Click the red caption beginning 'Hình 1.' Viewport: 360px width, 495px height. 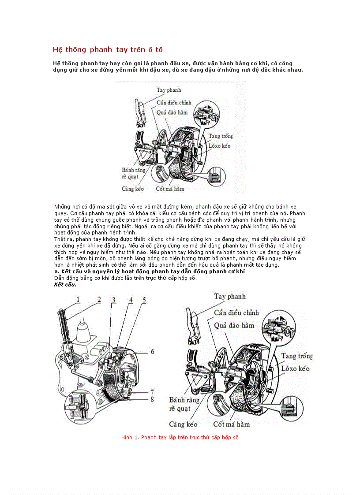tap(180, 437)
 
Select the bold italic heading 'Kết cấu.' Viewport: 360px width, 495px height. tap(65, 284)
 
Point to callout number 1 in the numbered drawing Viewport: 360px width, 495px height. tap(78, 299)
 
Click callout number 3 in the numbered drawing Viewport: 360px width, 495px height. tap(113, 300)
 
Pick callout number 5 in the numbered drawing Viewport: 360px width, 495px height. tap(144, 300)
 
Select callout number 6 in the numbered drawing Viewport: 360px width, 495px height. tap(152, 351)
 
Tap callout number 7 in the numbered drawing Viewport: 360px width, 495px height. tap(152, 391)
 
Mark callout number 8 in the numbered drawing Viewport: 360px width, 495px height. tap(152, 400)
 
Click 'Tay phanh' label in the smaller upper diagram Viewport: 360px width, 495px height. tap(169, 90)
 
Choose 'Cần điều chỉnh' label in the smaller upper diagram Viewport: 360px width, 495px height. tap(174, 102)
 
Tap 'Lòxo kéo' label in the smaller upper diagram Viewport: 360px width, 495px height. tap(219, 145)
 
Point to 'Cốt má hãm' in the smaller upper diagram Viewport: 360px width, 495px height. tap(170, 189)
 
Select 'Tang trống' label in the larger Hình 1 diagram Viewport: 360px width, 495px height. tap(296, 356)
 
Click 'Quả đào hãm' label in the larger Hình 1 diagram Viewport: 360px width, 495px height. tap(234, 325)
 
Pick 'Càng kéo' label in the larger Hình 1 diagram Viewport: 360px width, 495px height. tap(183, 424)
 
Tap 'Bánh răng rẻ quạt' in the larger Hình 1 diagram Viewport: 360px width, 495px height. tap(184, 404)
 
